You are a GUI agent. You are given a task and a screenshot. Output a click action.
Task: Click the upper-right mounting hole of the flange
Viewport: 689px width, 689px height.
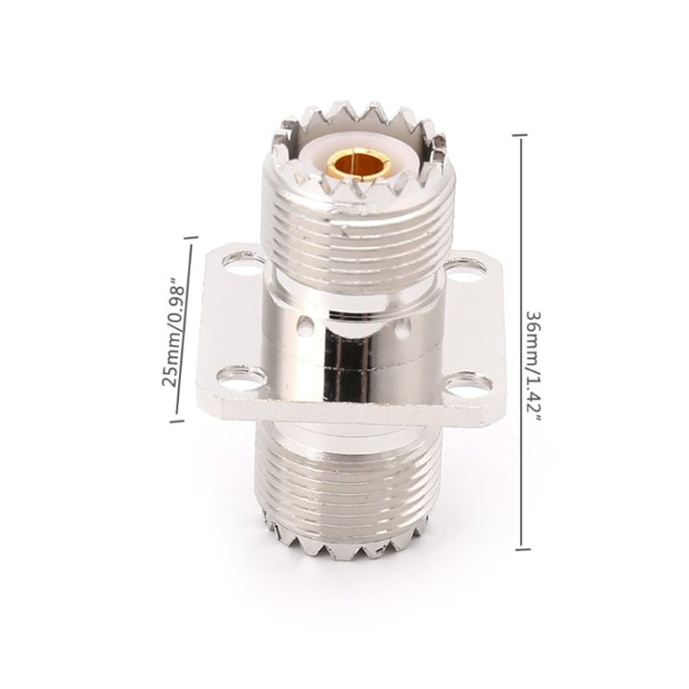click(x=457, y=270)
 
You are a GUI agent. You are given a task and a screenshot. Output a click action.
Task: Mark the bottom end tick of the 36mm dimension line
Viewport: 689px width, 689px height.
click(x=523, y=549)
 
